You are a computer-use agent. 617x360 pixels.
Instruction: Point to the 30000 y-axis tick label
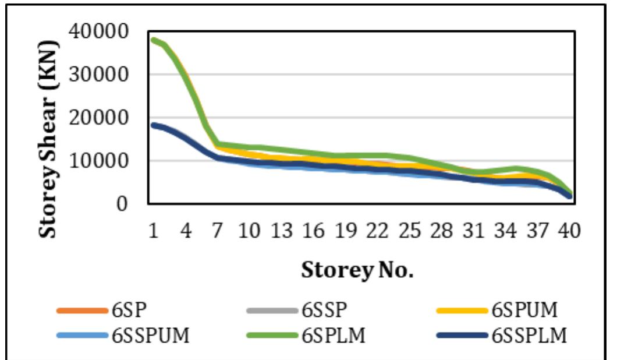[106, 75]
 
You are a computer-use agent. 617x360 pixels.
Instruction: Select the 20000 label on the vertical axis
[106, 118]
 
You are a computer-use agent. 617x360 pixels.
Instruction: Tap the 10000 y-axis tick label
[106, 161]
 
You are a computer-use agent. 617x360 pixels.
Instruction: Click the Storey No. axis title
[357, 270]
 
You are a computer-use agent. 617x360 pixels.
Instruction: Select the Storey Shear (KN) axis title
[49, 139]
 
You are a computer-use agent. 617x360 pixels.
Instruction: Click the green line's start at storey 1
[154, 40]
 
